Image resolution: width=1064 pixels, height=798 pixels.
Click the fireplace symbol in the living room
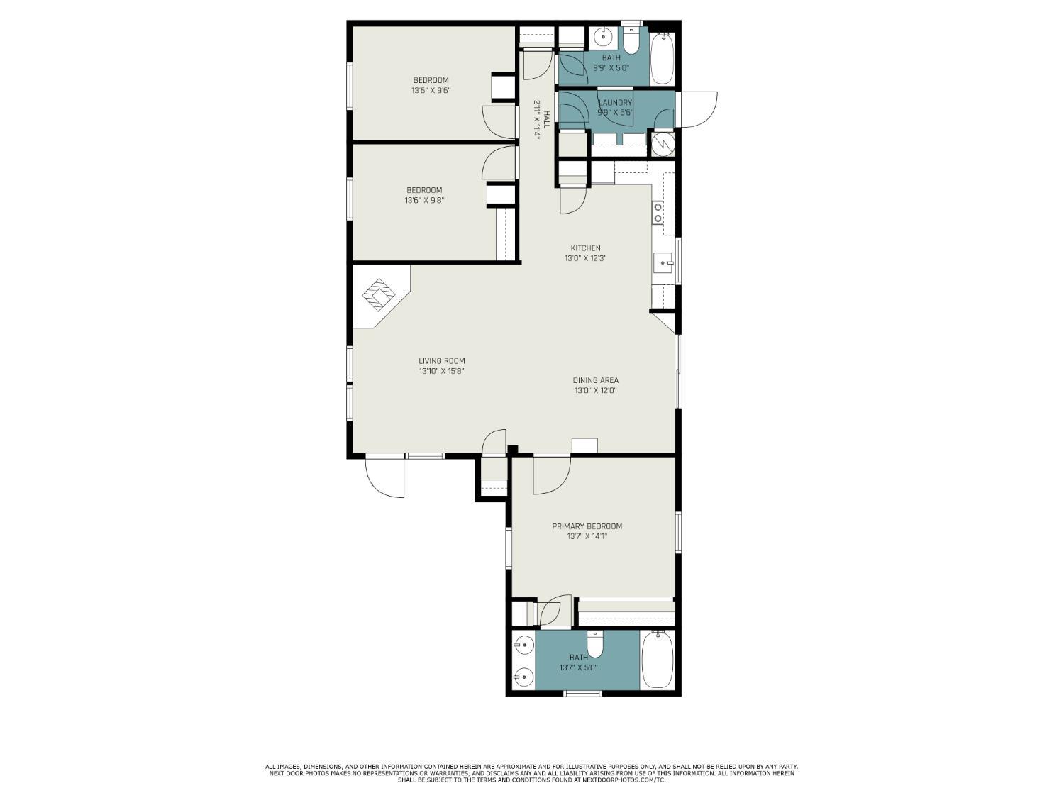pos(379,295)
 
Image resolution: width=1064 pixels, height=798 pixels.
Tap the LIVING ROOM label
pos(442,361)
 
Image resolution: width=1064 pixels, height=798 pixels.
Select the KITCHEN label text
pos(586,248)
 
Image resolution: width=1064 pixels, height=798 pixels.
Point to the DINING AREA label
pos(595,380)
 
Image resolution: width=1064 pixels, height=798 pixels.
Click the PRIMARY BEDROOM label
pos(587,526)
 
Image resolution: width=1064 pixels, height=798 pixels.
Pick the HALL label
pos(547,119)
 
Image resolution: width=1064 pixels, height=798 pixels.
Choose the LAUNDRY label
pos(615,103)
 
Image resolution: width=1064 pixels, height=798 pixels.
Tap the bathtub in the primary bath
pos(658,660)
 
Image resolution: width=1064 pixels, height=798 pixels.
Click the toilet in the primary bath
pos(594,644)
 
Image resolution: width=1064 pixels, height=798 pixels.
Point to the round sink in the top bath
pos(603,35)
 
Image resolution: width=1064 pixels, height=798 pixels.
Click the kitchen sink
pos(663,262)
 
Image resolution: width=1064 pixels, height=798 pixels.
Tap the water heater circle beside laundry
pos(661,144)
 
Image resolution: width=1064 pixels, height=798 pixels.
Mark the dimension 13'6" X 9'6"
pos(431,90)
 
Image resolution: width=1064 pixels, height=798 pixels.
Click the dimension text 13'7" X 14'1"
pos(587,536)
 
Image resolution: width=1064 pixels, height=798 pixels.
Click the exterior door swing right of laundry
pos(699,109)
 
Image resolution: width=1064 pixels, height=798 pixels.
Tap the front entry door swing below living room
pos(384,478)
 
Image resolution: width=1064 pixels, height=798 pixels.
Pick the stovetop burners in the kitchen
pos(658,213)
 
